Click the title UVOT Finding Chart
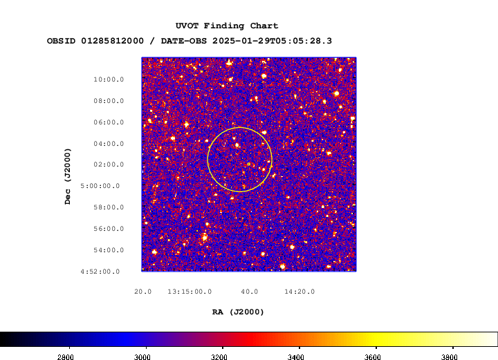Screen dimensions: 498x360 (227, 26)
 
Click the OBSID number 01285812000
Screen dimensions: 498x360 (113, 41)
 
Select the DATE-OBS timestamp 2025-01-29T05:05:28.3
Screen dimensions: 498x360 (273, 41)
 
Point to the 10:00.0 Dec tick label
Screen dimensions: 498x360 (109, 79)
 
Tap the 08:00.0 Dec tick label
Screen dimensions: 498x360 (109, 101)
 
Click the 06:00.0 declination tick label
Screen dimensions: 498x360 (109, 122)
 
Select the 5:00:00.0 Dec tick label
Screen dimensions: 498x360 (100, 186)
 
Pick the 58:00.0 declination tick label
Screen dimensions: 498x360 (109, 207)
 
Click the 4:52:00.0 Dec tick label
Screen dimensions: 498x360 (100, 272)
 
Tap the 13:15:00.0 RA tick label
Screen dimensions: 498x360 (190, 292)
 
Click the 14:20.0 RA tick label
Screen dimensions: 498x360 (299, 292)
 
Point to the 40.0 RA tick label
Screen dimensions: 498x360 (249, 292)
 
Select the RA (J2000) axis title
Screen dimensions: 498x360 (238, 312)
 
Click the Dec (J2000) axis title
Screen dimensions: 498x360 (68, 176)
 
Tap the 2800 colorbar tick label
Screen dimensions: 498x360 (66, 357)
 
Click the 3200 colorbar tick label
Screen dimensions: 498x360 (219, 357)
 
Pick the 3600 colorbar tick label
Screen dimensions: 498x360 (373, 357)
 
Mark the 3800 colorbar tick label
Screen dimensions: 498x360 (450, 357)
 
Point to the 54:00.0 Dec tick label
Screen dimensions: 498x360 (109, 250)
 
